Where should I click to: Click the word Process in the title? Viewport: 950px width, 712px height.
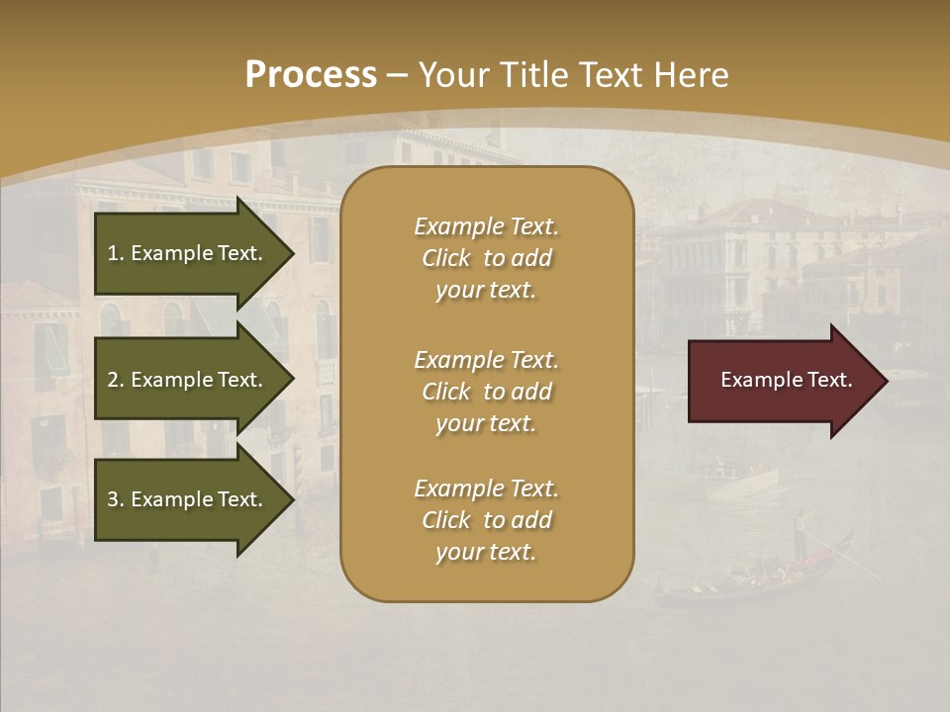pos(311,75)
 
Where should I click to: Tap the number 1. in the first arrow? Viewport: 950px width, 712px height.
pos(116,253)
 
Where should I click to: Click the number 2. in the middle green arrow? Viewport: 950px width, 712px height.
pos(116,380)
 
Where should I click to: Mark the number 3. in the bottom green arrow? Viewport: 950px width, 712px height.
pos(116,499)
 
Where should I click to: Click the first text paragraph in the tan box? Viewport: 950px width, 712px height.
pos(486,258)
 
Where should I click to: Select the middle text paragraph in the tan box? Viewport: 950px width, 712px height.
pos(486,392)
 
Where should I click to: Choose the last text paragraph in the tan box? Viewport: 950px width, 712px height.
pos(486,520)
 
